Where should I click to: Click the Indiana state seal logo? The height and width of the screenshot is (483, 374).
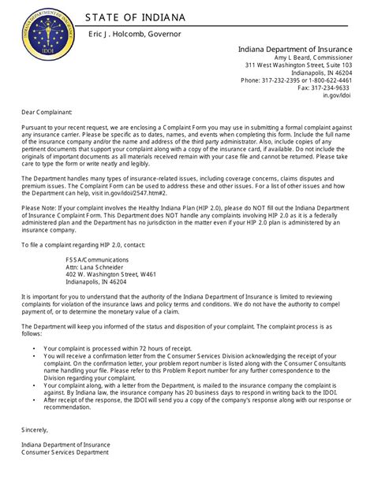point(50,32)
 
